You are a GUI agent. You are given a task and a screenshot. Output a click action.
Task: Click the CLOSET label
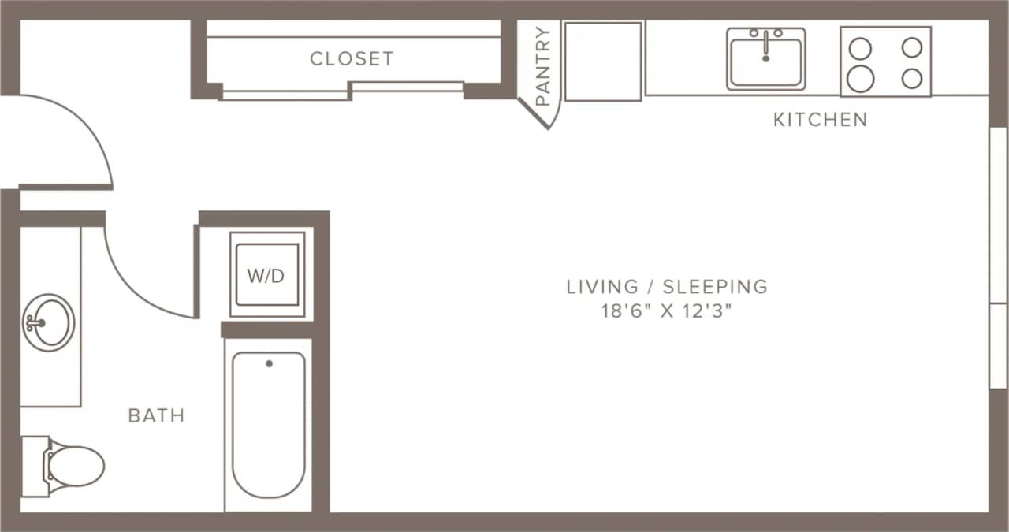351,58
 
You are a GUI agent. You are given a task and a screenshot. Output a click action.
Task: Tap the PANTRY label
543,66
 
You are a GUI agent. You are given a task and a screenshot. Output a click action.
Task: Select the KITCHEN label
820,120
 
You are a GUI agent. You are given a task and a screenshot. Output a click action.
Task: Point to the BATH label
156,415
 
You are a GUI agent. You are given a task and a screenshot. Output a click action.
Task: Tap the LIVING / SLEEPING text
667,286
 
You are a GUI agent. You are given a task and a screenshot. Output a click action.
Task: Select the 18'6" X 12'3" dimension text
667,311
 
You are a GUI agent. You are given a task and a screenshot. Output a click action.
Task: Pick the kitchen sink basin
765,63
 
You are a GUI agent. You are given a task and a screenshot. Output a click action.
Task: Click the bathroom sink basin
49,322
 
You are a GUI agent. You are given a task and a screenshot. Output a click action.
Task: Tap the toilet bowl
77,465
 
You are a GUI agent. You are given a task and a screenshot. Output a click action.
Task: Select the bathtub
268,426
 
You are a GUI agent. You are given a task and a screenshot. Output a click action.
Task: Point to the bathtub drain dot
269,363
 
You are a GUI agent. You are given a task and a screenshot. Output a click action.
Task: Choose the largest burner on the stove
860,78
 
